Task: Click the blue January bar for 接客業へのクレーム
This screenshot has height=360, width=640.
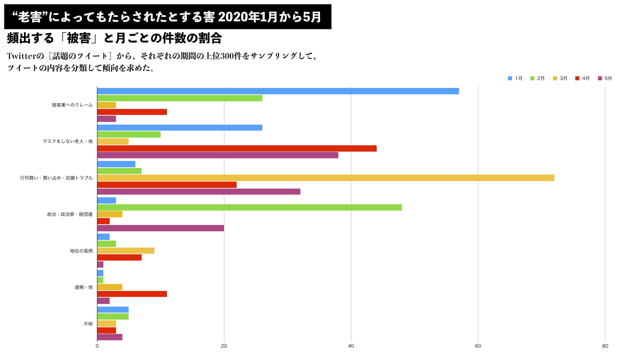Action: tap(277, 91)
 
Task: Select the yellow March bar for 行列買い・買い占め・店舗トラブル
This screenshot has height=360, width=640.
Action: tap(325, 178)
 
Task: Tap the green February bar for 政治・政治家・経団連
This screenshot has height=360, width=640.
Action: tap(249, 207)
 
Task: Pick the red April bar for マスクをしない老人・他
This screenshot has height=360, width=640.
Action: tap(236, 148)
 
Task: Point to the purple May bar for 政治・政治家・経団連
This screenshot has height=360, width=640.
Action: tap(160, 228)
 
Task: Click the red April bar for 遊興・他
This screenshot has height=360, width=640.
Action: tap(132, 294)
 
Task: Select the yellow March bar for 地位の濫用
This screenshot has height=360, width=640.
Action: tap(125, 250)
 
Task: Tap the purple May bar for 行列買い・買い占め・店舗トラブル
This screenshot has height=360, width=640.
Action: tap(198, 191)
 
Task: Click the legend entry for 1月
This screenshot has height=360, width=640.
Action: tap(515, 78)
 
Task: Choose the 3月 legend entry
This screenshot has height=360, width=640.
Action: tap(560, 78)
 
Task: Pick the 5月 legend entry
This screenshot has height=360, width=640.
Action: tap(605, 78)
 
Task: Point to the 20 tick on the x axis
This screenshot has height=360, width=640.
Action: tap(224, 346)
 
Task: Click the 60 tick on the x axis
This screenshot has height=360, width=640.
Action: tap(478, 346)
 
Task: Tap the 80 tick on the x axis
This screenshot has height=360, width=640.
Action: tap(605, 346)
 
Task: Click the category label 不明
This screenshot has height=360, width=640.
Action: tap(88, 324)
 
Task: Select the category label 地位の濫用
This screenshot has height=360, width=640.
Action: tap(81, 250)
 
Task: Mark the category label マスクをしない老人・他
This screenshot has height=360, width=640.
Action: tap(68, 141)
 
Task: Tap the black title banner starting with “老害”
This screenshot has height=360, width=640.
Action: tap(167, 17)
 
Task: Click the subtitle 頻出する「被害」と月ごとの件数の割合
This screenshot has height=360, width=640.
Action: tap(114, 38)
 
